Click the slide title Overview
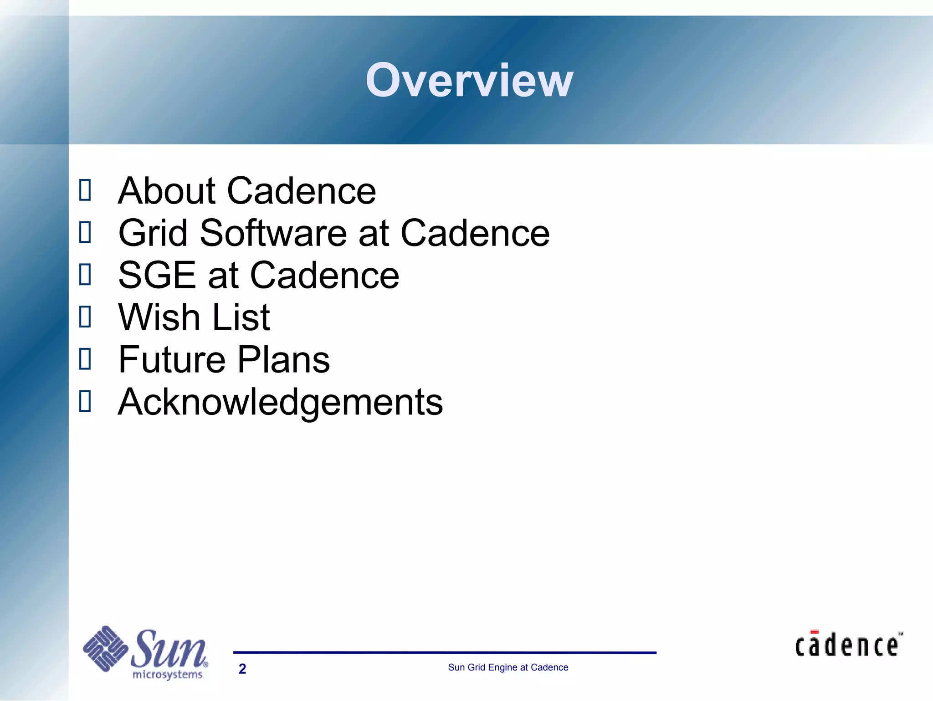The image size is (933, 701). tap(469, 81)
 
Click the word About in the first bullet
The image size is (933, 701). tap(167, 191)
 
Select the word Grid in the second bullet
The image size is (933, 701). tap(153, 233)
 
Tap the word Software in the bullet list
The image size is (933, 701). tap(273, 233)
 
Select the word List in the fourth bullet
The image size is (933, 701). tap(241, 317)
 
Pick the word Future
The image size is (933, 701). tap(172, 359)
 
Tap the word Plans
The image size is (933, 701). tap(283, 359)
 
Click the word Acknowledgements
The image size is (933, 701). tap(280, 402)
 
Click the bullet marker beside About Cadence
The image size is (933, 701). tap(85, 190)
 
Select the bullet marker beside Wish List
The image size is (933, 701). tap(85, 317)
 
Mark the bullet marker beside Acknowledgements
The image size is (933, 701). tap(85, 401)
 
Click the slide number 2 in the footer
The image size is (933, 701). tap(242, 669)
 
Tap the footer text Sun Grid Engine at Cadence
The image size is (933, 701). tap(508, 667)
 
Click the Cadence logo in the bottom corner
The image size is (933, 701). tap(848, 645)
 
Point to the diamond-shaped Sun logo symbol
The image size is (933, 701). tap(105, 648)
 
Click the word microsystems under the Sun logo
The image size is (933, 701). tap(167, 675)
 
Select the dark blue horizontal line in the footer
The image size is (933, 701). tap(445, 653)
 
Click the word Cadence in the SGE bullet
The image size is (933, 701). tap(324, 275)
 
